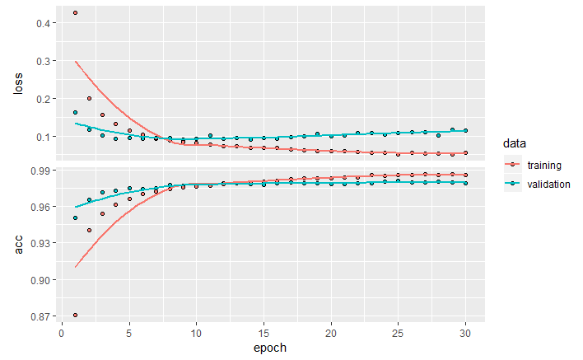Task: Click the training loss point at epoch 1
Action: (75, 13)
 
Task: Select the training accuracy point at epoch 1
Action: (75, 315)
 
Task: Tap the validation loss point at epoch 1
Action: (75, 112)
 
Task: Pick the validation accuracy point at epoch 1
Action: (75, 218)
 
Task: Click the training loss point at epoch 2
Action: (89, 98)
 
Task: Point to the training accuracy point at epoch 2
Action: (89, 231)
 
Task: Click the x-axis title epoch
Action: (270, 348)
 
